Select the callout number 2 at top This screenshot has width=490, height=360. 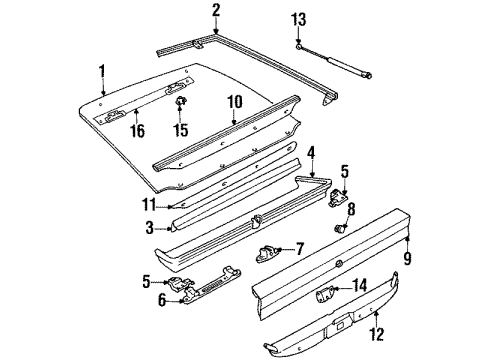tap(215, 11)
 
